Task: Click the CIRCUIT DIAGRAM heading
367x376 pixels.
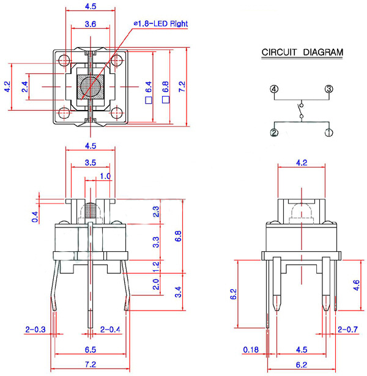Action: [x=302, y=53]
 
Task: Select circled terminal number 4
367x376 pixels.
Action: [x=275, y=89]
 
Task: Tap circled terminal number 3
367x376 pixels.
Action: [x=328, y=89]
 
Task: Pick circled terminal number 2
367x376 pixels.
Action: [x=275, y=132]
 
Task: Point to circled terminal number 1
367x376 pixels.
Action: [x=328, y=132]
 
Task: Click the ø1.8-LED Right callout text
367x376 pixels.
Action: [x=161, y=23]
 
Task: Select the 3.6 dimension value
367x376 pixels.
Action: [x=90, y=24]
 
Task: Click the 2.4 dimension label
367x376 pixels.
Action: [x=25, y=87]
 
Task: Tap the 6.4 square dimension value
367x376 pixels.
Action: [x=148, y=87]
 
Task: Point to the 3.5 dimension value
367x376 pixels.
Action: [x=90, y=163]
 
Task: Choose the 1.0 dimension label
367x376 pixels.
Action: [x=105, y=176]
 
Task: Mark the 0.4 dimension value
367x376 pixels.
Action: [x=34, y=215]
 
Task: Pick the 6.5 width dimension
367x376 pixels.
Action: [x=90, y=350]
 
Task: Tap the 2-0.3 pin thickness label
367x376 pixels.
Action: [x=35, y=330]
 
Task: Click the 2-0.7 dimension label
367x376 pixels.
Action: [x=348, y=330]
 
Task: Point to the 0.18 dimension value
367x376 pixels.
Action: [x=251, y=350]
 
